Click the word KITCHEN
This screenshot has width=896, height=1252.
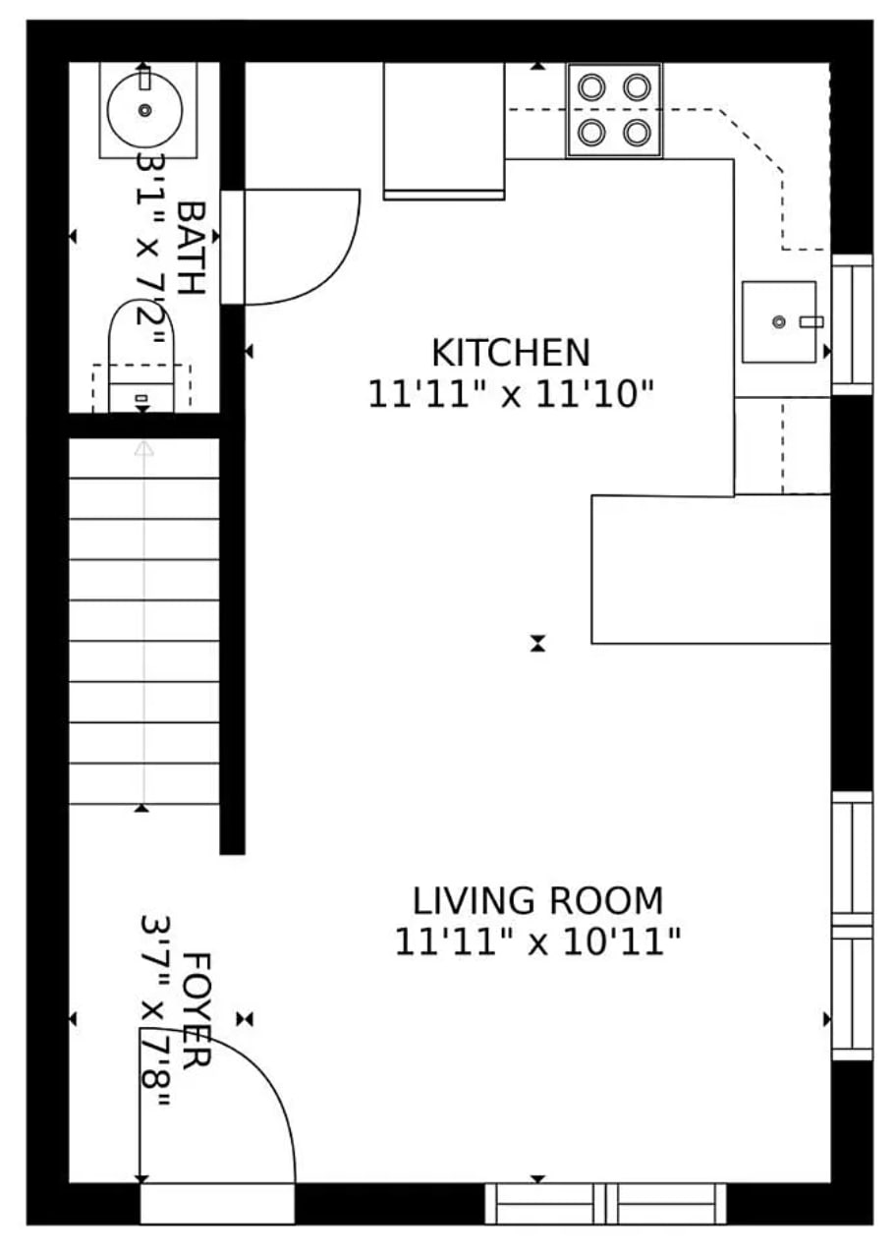(x=511, y=352)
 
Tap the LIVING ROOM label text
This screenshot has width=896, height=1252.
(x=537, y=900)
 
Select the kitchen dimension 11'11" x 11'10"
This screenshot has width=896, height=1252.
(x=511, y=395)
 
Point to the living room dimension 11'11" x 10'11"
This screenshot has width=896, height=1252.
(x=537, y=942)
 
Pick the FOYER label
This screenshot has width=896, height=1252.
(x=196, y=1009)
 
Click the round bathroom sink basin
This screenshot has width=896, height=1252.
(x=144, y=110)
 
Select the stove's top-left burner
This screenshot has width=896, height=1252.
(x=590, y=86)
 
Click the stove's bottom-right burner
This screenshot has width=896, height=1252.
(x=638, y=131)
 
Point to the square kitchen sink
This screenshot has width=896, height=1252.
(x=778, y=321)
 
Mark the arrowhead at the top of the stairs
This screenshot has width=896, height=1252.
(x=143, y=448)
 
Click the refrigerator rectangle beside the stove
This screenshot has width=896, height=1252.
(x=443, y=130)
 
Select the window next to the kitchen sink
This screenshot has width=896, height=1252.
(x=852, y=324)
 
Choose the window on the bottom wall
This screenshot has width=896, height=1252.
(x=605, y=1203)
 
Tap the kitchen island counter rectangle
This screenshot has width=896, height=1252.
(x=710, y=569)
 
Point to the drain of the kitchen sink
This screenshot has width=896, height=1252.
(x=778, y=321)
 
